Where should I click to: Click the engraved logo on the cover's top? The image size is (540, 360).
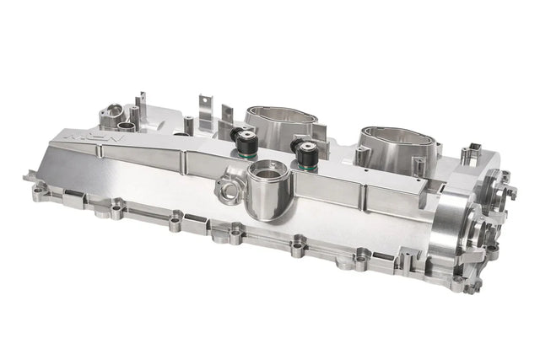tap(88, 135)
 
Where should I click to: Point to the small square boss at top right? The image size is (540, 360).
tap(470, 154)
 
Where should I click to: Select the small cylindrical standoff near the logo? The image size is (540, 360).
tap(127, 126)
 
